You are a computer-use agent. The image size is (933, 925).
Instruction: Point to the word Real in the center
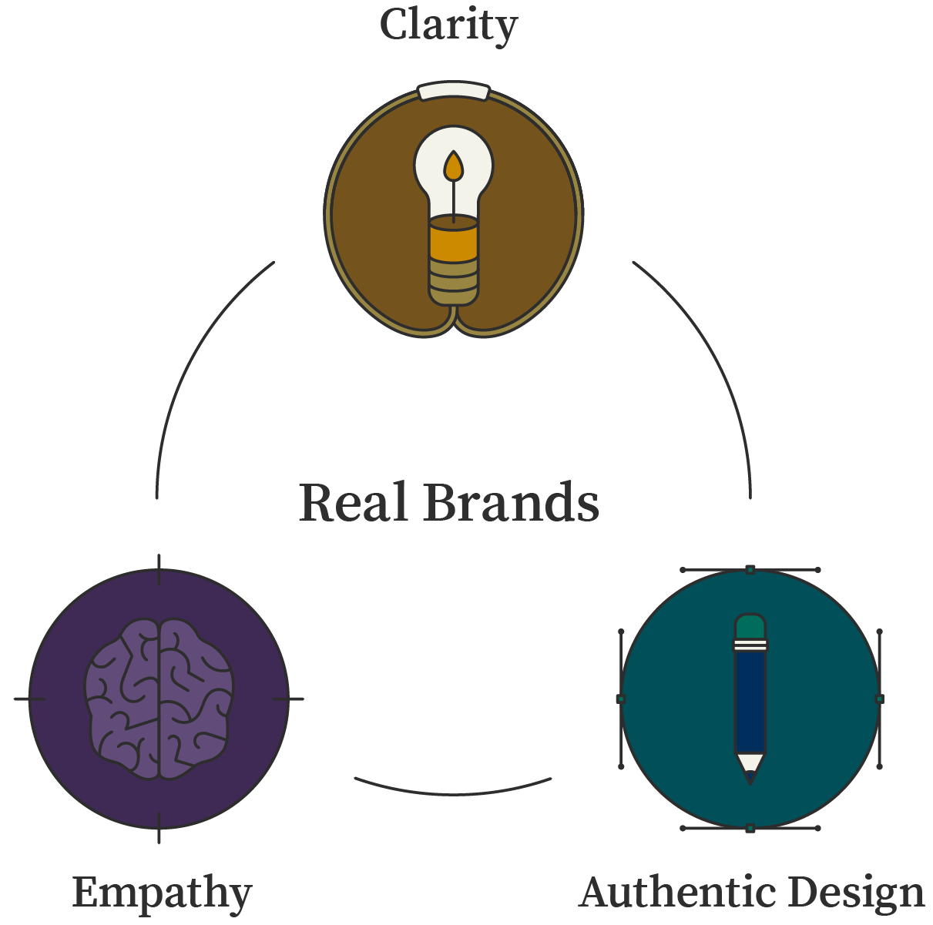point(353,502)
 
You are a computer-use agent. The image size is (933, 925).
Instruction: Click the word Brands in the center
point(512,502)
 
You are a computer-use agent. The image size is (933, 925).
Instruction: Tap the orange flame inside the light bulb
point(453,166)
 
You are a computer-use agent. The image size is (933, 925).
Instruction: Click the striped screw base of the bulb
point(454,283)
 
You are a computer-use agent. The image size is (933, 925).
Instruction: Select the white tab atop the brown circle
point(453,92)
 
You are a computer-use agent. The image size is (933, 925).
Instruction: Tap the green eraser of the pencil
point(750,626)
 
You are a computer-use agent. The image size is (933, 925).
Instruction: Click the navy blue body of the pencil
point(750,702)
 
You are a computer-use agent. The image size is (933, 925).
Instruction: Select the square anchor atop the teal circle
point(750,570)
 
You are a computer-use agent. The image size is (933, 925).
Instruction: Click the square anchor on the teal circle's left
point(621,699)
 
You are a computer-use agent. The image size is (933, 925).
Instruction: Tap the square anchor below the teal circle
point(750,828)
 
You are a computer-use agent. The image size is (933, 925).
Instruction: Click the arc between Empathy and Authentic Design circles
point(453,794)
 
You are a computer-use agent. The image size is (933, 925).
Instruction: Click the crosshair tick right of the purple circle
point(288,699)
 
